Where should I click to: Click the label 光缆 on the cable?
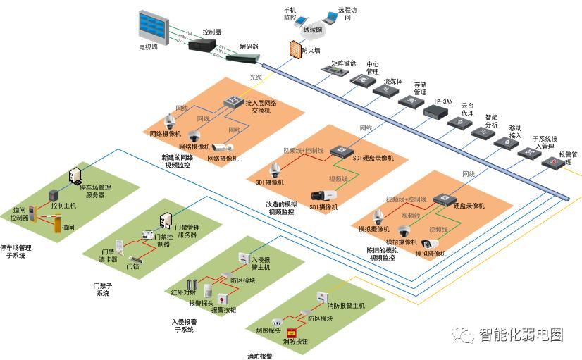coord(255,77)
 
